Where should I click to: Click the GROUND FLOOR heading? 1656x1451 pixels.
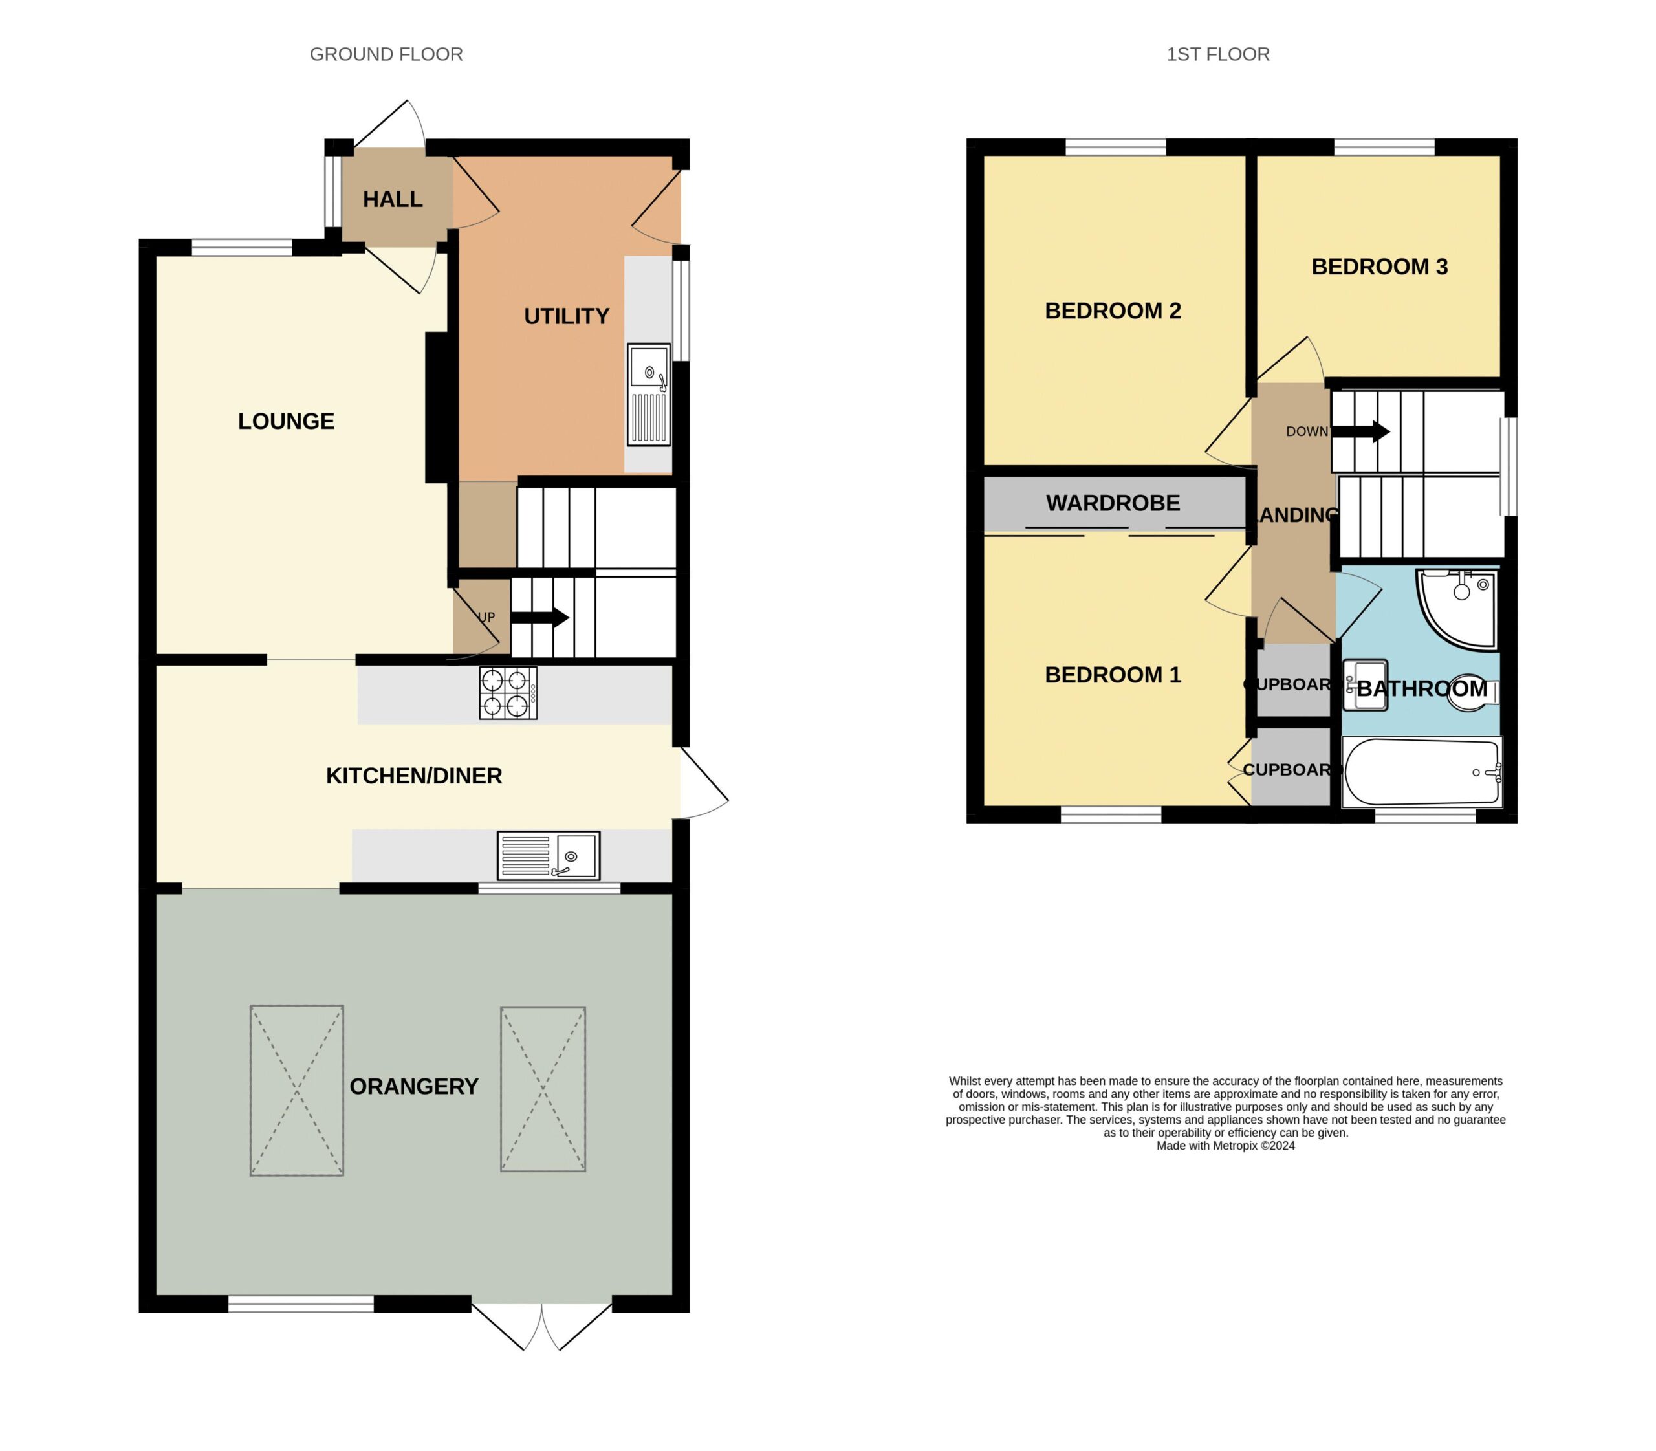(x=386, y=54)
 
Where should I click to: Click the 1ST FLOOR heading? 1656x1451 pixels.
(x=1217, y=54)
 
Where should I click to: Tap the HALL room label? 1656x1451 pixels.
(x=393, y=199)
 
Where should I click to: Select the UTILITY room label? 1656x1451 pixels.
(x=566, y=316)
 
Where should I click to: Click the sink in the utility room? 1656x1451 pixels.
(x=649, y=395)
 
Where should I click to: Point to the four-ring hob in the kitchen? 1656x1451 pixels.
(x=508, y=692)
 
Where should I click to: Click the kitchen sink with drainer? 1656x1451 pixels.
(x=548, y=856)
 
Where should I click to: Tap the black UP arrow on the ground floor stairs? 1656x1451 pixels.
(x=539, y=618)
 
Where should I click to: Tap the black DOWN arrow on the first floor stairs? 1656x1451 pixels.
(x=1361, y=431)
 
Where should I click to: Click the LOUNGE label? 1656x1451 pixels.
(x=286, y=421)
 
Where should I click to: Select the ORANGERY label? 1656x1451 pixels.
(x=414, y=1087)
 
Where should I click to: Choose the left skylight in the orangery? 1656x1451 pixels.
(x=296, y=1091)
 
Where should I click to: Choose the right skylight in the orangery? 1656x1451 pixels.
(x=543, y=1089)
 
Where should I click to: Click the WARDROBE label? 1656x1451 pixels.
(x=1113, y=503)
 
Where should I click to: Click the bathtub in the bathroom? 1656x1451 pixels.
(x=1422, y=772)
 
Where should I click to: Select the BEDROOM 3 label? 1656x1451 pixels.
(x=1379, y=267)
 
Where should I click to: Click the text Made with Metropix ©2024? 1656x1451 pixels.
(x=1225, y=1146)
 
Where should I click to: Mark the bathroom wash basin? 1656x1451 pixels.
(x=1366, y=686)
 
